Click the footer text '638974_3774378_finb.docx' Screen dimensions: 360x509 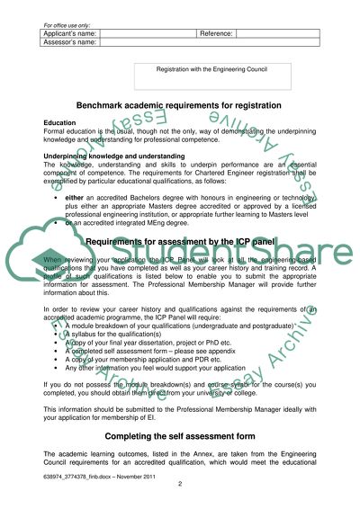tap(81, 476)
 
